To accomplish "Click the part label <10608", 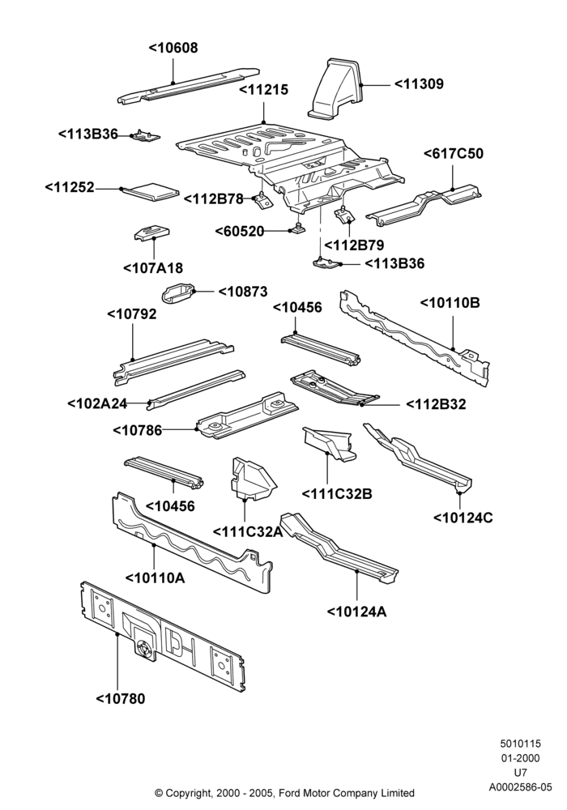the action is coord(173,48).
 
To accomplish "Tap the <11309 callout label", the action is coord(419,83).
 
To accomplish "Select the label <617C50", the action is coord(454,154).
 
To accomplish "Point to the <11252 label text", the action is coord(70,187).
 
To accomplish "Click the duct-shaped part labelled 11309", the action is coord(335,87).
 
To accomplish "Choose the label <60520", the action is coord(239,231).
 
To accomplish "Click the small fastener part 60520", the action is coord(298,228).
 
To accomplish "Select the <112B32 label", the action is coord(436,404).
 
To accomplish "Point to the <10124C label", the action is coord(463,517).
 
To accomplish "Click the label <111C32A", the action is coord(247,531).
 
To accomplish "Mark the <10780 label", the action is coord(121,699).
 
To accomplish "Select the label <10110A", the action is coord(156,578).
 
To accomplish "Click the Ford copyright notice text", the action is coord(284,792).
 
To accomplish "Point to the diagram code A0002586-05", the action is coord(521,787).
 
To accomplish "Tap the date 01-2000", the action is coord(521,758).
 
